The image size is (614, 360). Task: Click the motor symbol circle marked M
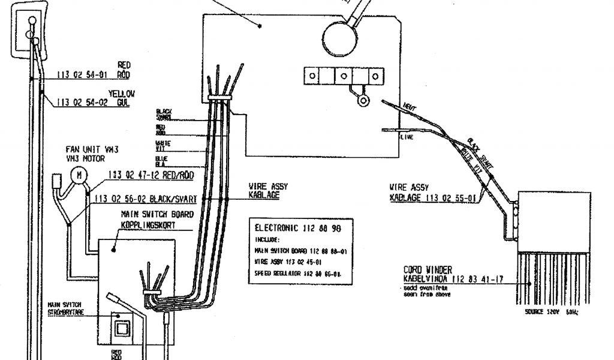click(x=78, y=175)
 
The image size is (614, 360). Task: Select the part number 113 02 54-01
click(x=82, y=75)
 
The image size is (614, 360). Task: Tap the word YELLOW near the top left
click(x=122, y=94)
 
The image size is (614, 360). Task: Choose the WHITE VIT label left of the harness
click(x=162, y=145)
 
